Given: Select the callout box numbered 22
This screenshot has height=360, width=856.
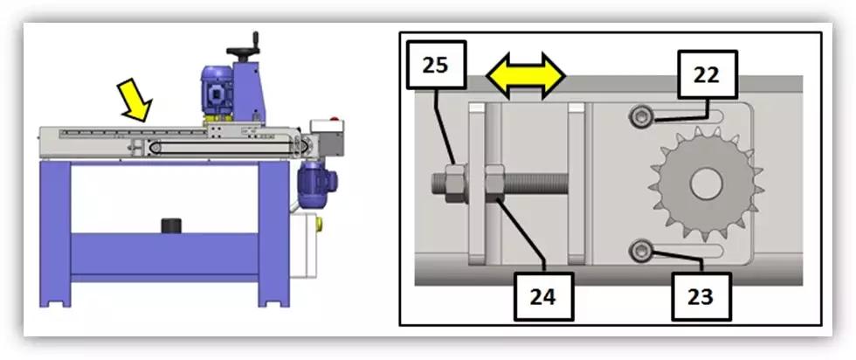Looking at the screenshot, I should click(707, 75).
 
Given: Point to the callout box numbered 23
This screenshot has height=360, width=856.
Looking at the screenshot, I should click(701, 296).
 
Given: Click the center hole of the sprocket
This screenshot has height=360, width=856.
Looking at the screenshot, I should click(704, 184).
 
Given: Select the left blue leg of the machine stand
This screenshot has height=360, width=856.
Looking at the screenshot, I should click(58, 232).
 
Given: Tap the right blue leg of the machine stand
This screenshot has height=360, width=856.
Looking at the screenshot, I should click(273, 232).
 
